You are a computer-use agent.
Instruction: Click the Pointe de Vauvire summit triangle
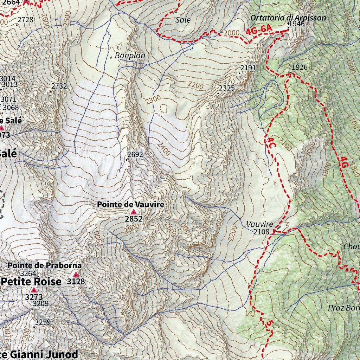134,212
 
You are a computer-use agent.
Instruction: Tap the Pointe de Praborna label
45,265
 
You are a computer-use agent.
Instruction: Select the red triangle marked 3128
76,275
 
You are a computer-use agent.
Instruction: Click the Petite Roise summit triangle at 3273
34,290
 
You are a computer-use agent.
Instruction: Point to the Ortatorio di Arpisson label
288,18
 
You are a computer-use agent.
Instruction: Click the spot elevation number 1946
296,24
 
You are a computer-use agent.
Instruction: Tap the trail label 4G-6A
259,31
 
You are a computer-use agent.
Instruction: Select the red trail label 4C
271,143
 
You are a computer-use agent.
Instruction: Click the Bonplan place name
130,56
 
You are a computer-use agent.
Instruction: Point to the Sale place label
183,20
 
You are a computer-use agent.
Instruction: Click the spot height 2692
135,154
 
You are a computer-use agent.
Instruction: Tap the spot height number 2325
226,88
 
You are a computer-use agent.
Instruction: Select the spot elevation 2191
248,68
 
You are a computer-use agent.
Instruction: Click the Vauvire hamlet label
259,224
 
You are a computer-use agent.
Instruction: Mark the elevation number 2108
261,232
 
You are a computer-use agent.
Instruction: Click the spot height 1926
300,67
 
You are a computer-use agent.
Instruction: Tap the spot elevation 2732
59,86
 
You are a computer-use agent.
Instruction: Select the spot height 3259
43,322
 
